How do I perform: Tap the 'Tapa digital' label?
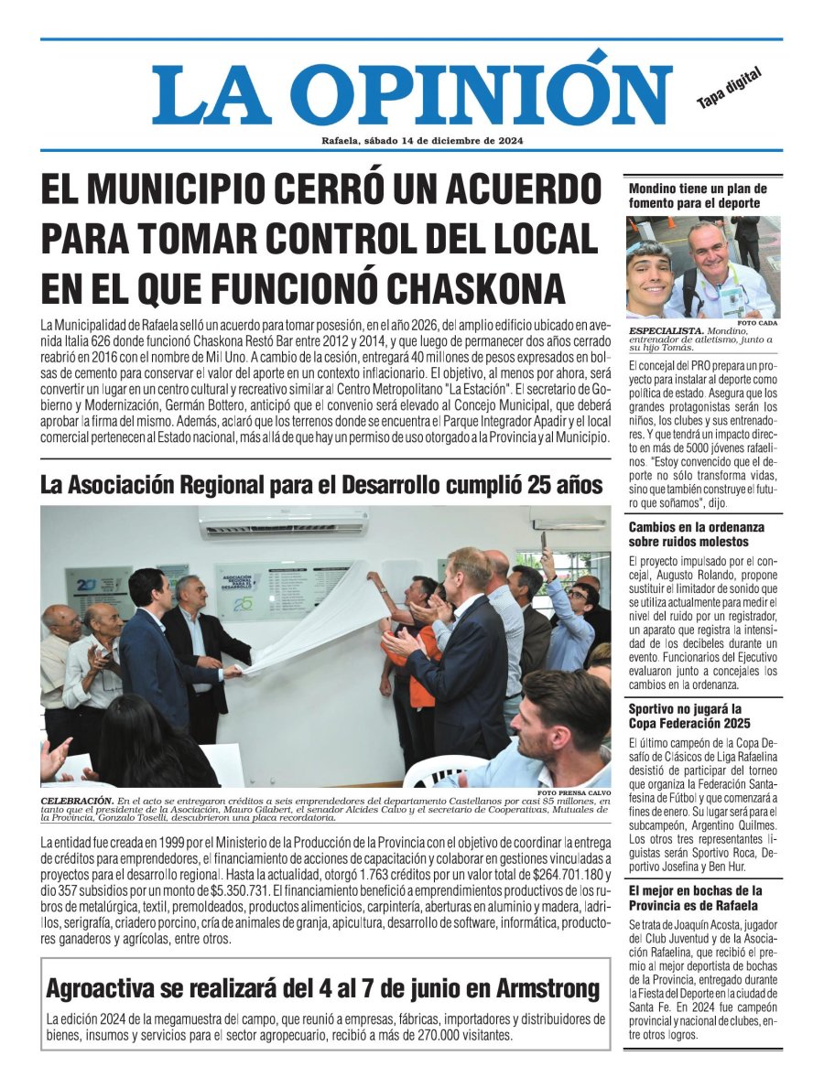pos(729,91)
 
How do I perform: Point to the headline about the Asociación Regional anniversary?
pos(321,485)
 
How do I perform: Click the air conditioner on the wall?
pos(284,522)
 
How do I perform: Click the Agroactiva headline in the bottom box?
pos(323,988)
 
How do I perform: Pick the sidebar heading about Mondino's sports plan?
pos(698,195)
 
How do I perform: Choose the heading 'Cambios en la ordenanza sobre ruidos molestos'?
pos(696,534)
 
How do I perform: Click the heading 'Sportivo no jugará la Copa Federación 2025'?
pos(686,716)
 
